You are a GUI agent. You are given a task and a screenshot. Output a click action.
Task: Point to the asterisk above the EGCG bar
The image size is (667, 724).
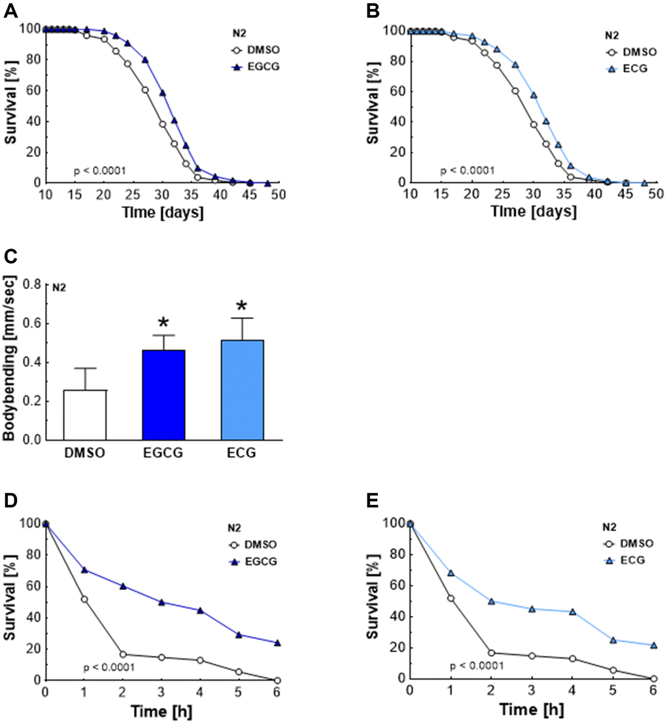coord(163,323)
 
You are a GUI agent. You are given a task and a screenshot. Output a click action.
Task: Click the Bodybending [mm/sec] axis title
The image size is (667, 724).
coord(10,362)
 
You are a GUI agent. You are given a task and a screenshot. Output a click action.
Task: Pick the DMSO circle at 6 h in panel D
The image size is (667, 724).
coord(277,680)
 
